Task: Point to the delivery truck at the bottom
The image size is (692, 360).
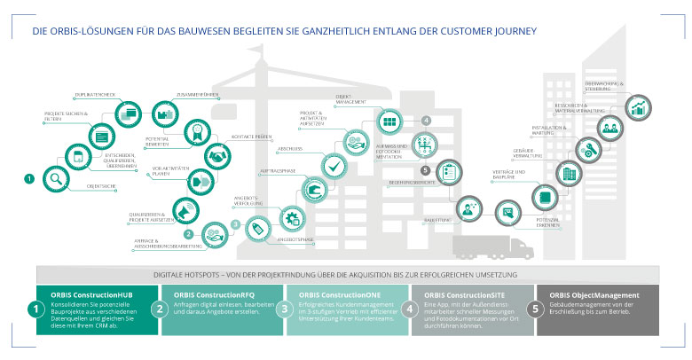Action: pos(491,248)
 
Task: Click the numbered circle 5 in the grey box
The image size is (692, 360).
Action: pos(534,309)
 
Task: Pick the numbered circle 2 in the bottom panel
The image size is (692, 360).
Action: pos(160,309)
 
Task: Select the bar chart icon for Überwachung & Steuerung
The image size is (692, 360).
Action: pos(637,107)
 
